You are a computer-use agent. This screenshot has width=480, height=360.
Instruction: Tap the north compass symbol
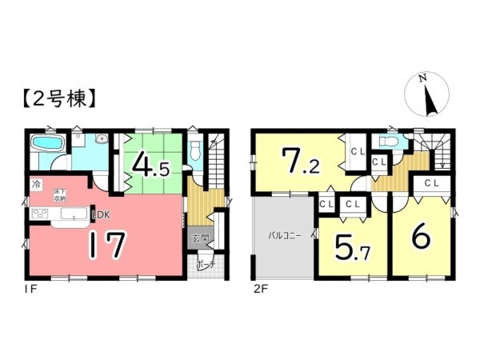click(x=425, y=94)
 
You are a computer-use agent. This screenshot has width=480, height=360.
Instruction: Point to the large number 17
click(x=106, y=243)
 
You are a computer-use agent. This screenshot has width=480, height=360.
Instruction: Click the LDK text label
click(x=102, y=214)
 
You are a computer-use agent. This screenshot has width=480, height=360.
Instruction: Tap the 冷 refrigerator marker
click(x=36, y=184)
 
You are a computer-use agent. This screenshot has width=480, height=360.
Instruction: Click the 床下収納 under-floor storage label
click(x=60, y=194)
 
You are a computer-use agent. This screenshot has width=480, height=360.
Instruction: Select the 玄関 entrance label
click(x=199, y=238)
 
